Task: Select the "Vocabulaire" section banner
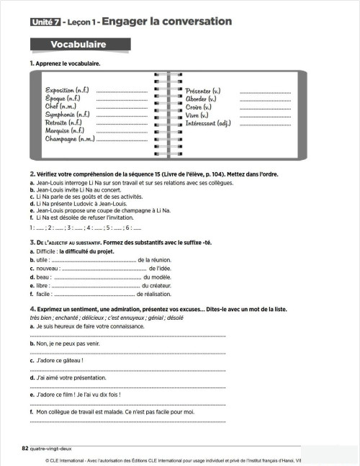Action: (x=78, y=45)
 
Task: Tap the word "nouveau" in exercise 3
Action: (x=48, y=268)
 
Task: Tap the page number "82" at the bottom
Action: (x=25, y=447)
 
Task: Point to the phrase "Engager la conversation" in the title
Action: (x=166, y=22)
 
